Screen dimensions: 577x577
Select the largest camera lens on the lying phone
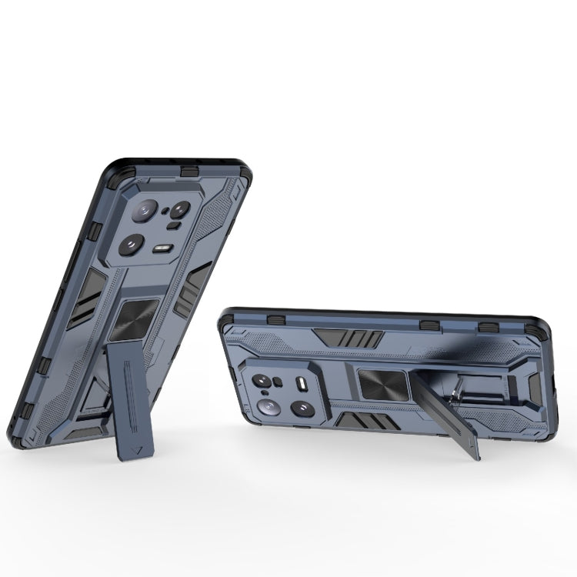coord(271,407)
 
